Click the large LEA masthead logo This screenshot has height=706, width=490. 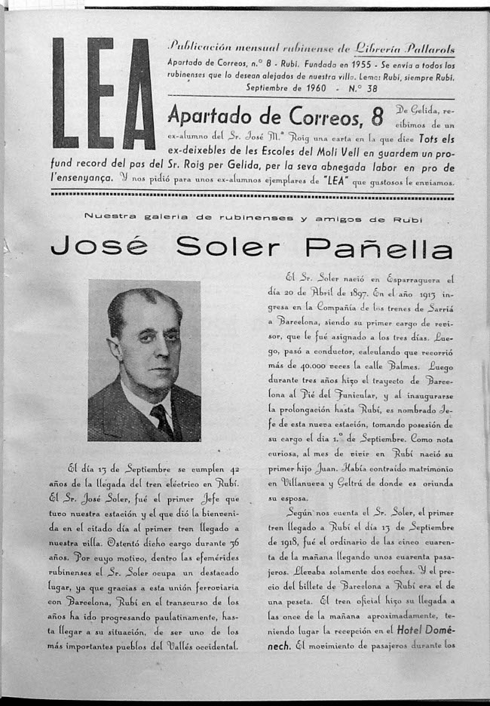103,94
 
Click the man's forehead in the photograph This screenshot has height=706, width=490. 149,310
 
